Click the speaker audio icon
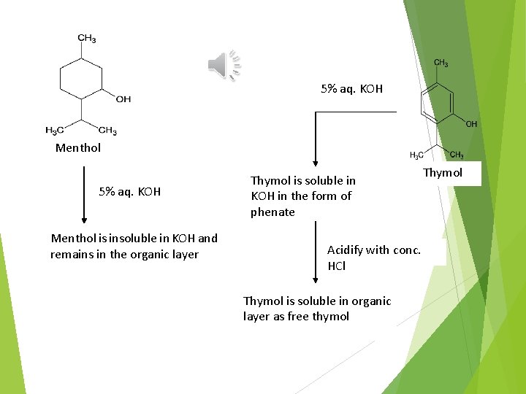pos(224,65)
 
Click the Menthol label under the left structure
pos(78,147)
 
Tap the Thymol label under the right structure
pos(443,173)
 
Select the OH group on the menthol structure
pos(123,98)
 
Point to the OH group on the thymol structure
pos(471,124)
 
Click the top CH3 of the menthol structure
pos(87,39)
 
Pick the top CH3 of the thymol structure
pos(441,63)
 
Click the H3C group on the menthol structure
pos(54,131)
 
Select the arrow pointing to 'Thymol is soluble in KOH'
pos(315,139)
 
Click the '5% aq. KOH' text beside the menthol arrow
pos(130,192)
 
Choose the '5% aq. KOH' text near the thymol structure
pos(351,89)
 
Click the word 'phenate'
pos(272,212)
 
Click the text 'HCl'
pos(337,266)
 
